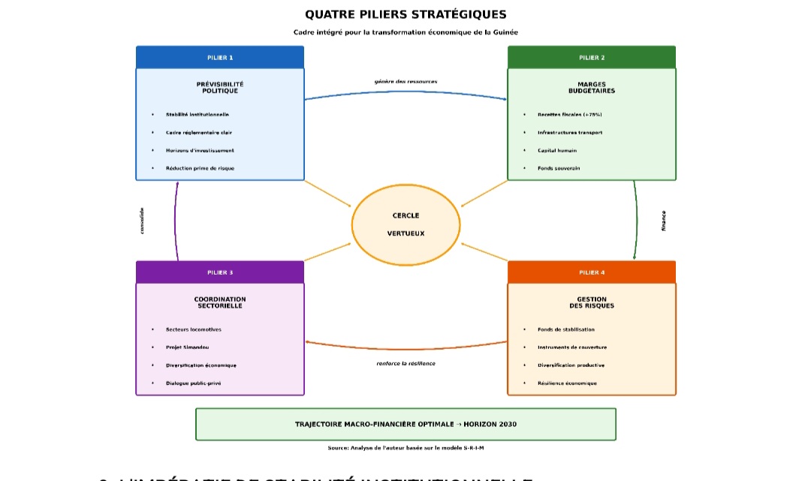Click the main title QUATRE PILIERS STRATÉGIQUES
tap(405, 14)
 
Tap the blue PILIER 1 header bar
tap(220, 57)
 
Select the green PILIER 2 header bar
tap(592, 57)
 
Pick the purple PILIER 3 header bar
tap(220, 272)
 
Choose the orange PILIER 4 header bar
tap(592, 272)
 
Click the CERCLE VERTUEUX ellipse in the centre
tap(405, 224)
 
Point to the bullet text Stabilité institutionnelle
tap(197, 114)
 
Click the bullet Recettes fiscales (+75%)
tap(569, 114)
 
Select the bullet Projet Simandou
tap(188, 347)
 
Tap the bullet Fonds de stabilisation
tap(565, 329)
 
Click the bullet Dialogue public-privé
tap(194, 383)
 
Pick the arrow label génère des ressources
tap(405, 81)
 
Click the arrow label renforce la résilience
tap(405, 363)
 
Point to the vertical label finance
tap(664, 221)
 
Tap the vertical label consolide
tap(142, 221)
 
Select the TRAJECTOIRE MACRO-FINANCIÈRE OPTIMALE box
tap(405, 424)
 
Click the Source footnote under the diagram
tap(405, 448)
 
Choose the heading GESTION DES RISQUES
tap(592, 302)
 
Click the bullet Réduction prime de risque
tap(200, 168)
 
